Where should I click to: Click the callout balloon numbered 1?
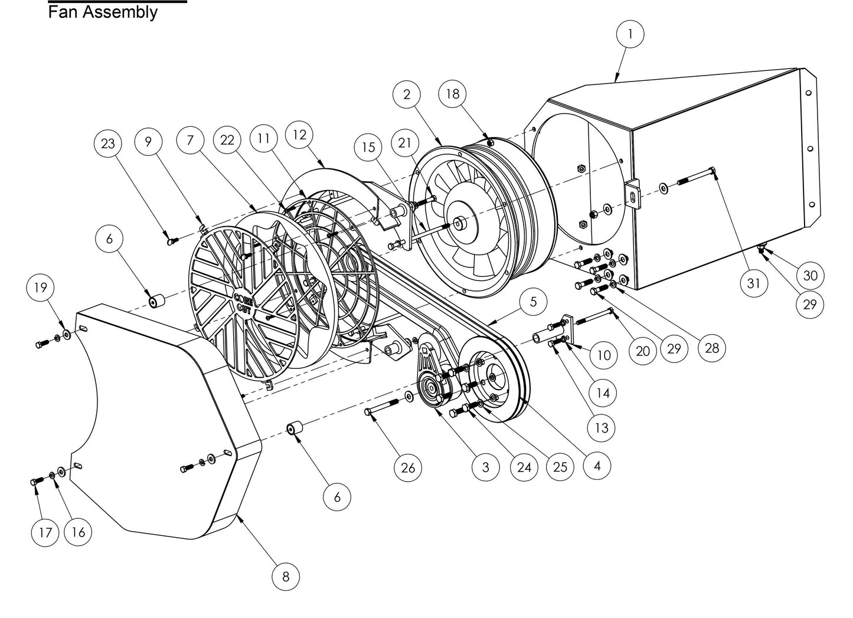630,34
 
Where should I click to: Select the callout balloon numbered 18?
453,94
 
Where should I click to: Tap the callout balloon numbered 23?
108,143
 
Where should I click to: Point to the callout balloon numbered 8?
286,576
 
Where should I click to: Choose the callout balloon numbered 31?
754,283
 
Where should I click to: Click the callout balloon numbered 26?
408,467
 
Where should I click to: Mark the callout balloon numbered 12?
300,135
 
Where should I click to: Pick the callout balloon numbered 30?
810,275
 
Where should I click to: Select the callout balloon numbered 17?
45,532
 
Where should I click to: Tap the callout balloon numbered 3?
485,467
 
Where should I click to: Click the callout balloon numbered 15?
368,146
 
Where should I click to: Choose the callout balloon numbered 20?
642,351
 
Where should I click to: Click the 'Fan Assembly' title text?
103,12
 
